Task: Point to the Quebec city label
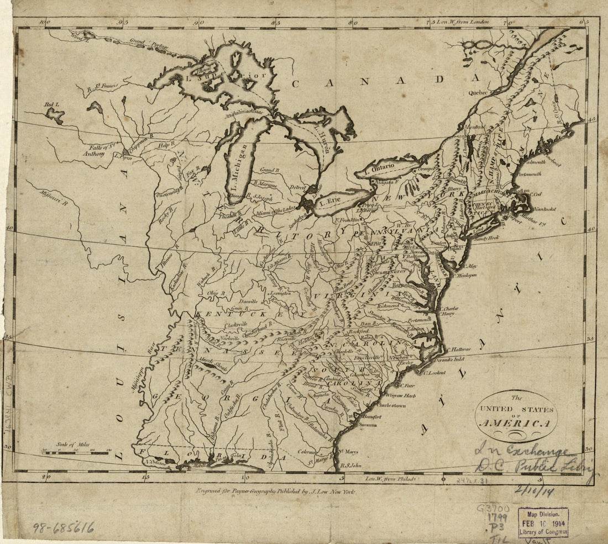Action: click(479, 93)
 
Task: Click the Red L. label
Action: click(51, 105)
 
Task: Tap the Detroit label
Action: click(297, 188)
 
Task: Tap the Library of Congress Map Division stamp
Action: click(543, 522)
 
